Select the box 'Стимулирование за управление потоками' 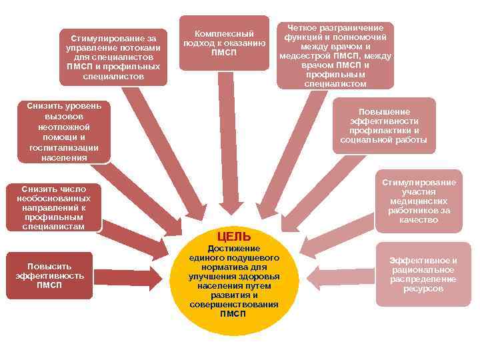coord(113,57)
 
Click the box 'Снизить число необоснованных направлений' coord(53,207)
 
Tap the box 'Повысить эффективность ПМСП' coord(49,275)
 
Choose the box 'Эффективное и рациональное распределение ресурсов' coord(423,274)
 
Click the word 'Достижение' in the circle coord(233,248)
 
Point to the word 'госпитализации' coord(64,147)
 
